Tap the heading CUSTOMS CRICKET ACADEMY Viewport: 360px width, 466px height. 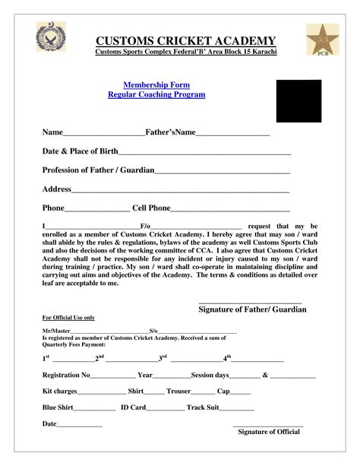[x=185, y=40]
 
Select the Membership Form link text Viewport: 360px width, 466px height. [x=156, y=85]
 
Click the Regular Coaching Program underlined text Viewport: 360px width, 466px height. [x=156, y=95]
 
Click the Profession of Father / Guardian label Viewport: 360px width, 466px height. [x=98, y=170]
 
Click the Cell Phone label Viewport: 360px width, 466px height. [x=151, y=208]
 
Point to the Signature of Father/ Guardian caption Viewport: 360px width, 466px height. [x=252, y=309]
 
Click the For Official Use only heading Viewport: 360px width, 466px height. [x=68, y=317]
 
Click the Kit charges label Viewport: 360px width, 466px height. [x=59, y=392]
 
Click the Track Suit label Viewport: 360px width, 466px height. [x=203, y=408]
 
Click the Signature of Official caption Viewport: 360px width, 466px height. [x=269, y=432]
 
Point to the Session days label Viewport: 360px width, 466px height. [x=210, y=375]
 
